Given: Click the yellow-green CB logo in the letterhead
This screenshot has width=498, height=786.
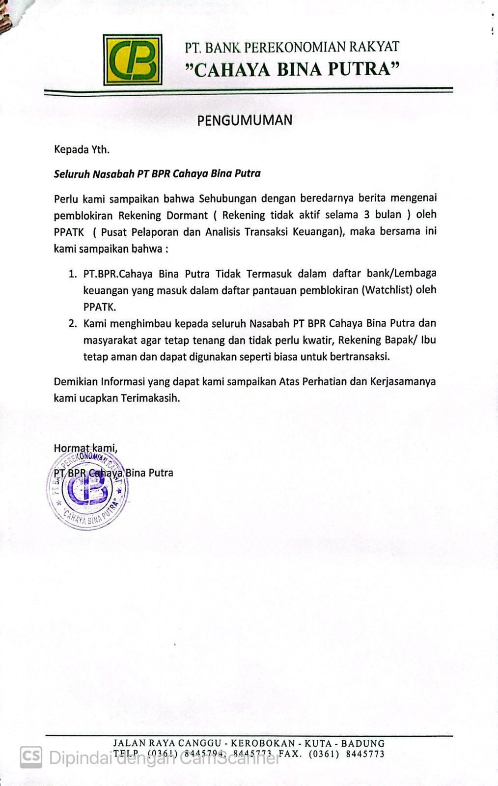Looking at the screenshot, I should click(x=133, y=59).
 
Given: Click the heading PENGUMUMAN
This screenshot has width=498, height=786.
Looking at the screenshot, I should click(x=245, y=120).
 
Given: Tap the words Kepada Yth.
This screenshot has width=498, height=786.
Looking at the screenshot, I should click(x=82, y=150).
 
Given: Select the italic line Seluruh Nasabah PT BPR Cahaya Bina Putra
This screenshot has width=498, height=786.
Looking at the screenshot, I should click(x=157, y=173).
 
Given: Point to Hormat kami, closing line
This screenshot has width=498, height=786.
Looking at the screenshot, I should click(x=85, y=448).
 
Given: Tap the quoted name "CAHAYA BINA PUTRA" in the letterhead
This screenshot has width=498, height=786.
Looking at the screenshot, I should click(x=295, y=70).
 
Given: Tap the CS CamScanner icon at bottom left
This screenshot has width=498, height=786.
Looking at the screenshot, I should click(x=31, y=757).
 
